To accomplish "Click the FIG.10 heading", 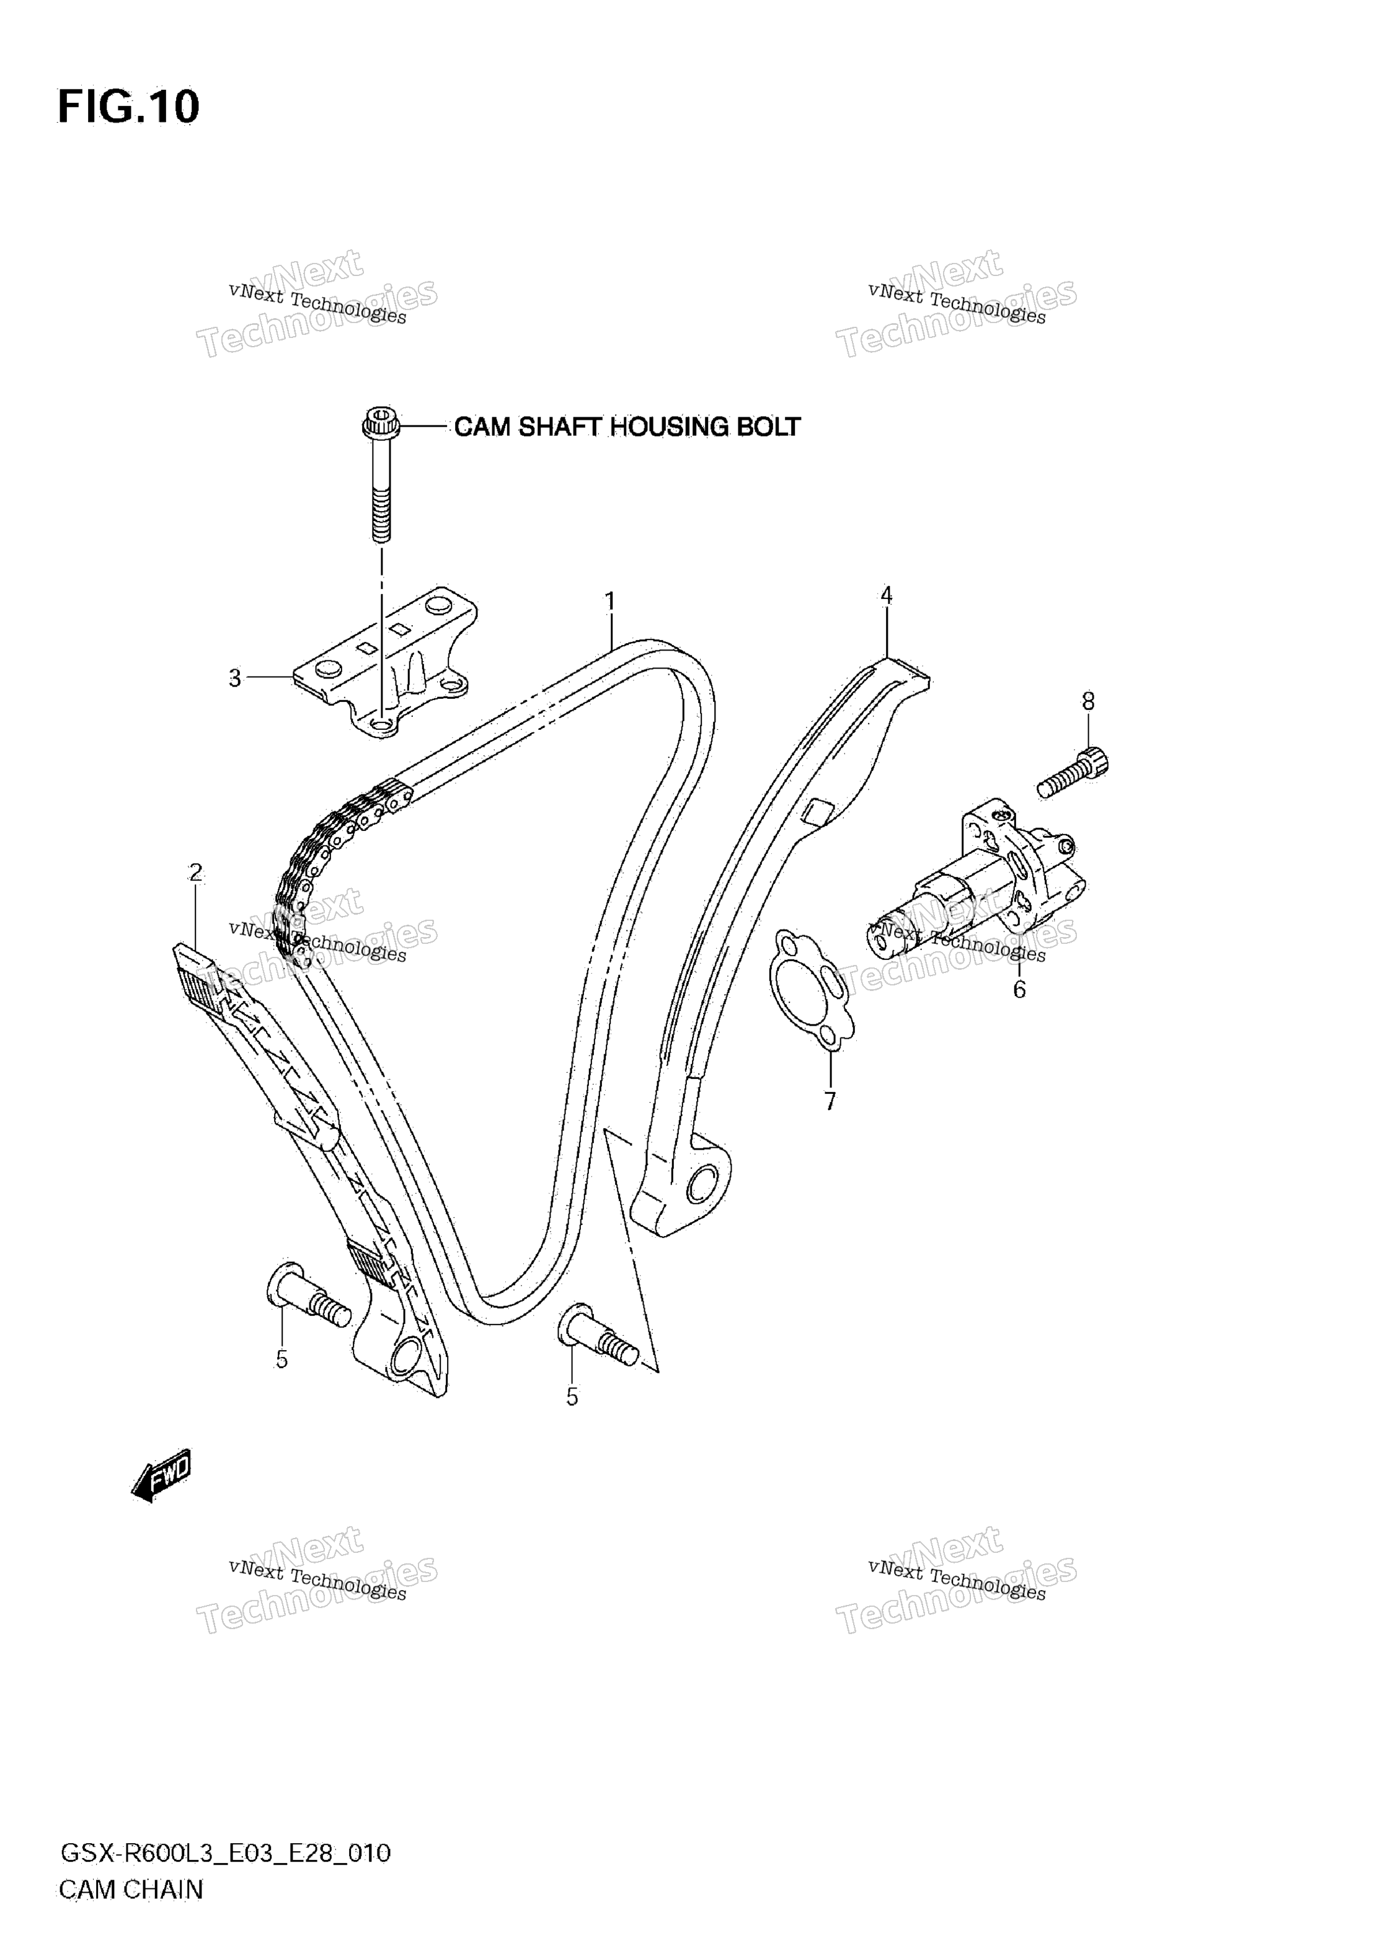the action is coord(128,107).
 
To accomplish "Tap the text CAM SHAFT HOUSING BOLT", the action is coord(627,427).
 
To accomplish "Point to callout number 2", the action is coord(197,873).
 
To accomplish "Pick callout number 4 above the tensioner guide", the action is coord(886,596).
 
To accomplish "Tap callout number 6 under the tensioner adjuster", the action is coord(1019,989).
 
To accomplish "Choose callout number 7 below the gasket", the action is coord(830,1101).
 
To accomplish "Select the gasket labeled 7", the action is coord(810,989).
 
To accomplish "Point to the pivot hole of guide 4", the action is coord(702,1183).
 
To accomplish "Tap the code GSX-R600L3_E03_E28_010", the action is coord(225,1853).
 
